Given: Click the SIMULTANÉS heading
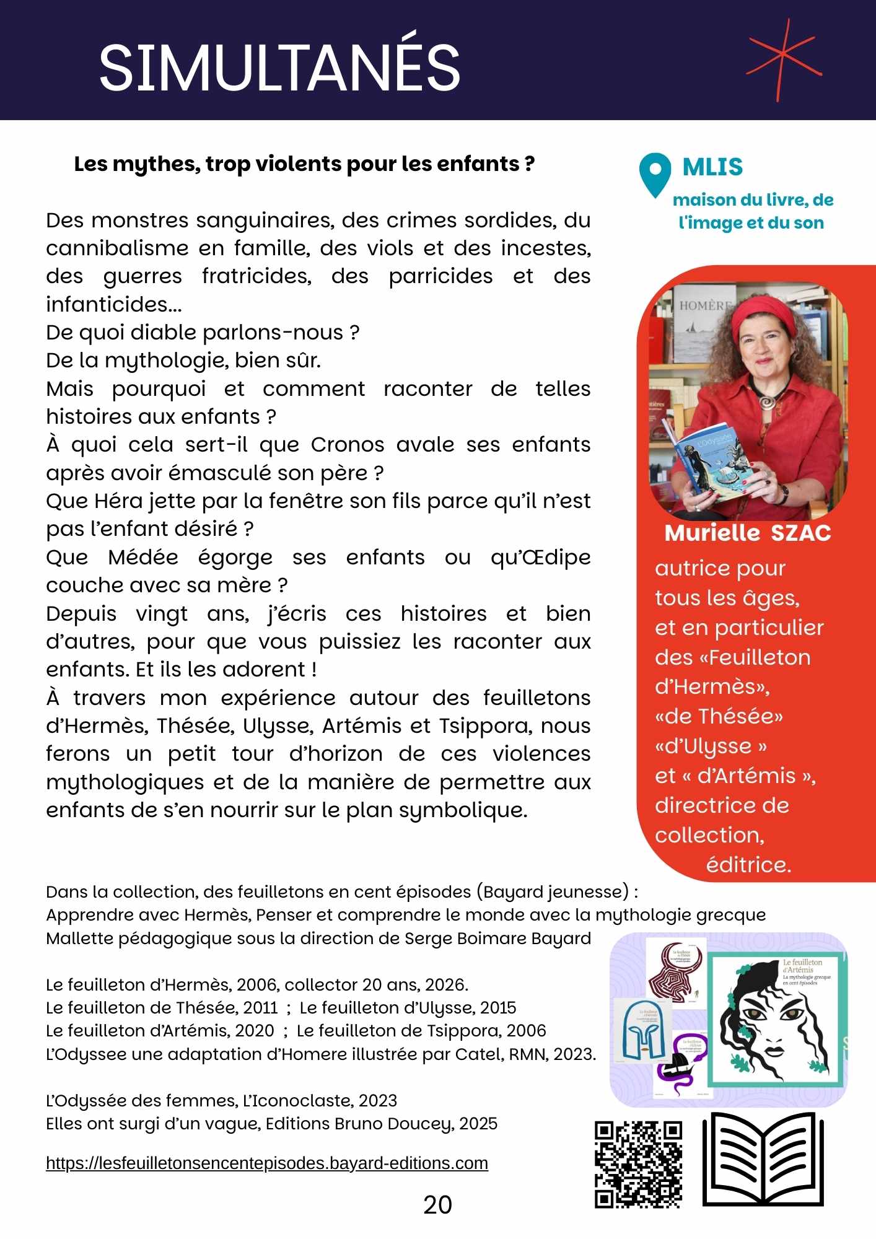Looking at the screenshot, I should pyautogui.click(x=279, y=67).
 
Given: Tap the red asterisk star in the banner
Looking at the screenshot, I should pyautogui.click(x=784, y=59).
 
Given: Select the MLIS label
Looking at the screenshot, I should pyautogui.click(x=712, y=167).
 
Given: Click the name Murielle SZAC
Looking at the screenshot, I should pyautogui.click(x=748, y=533).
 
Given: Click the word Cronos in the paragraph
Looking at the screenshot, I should pyautogui.click(x=347, y=445).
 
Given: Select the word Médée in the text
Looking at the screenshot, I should pyautogui.click(x=143, y=558).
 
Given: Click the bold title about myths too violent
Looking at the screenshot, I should pyautogui.click(x=304, y=164).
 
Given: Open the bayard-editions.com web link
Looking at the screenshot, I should pyautogui.click(x=267, y=1163).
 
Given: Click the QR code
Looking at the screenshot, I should pyautogui.click(x=639, y=1163).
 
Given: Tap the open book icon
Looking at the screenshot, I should pyautogui.click(x=763, y=1159).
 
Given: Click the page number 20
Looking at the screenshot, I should pyautogui.click(x=437, y=1205).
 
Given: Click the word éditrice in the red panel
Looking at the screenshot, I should pyautogui.click(x=748, y=865).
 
